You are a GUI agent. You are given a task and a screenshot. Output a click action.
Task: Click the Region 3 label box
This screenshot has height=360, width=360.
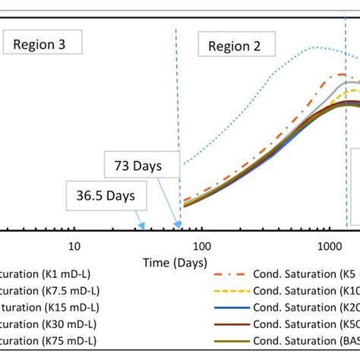point(44,45)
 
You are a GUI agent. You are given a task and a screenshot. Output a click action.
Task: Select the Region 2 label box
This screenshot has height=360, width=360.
point(235,46)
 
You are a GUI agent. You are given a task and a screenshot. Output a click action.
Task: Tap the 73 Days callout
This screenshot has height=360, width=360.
point(141,164)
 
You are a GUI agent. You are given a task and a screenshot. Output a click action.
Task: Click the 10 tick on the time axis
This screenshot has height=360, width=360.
point(74,246)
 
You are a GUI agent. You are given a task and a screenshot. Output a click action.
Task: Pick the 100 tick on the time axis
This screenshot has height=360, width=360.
point(202,246)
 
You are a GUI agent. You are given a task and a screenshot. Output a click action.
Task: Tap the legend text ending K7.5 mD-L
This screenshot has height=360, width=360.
point(49,292)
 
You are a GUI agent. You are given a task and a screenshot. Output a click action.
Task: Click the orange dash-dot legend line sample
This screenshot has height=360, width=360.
point(231,276)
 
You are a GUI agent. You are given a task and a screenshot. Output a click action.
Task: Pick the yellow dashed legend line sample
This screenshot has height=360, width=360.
point(231,292)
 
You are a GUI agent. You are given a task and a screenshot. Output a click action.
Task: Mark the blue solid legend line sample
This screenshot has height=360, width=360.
point(231,308)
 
